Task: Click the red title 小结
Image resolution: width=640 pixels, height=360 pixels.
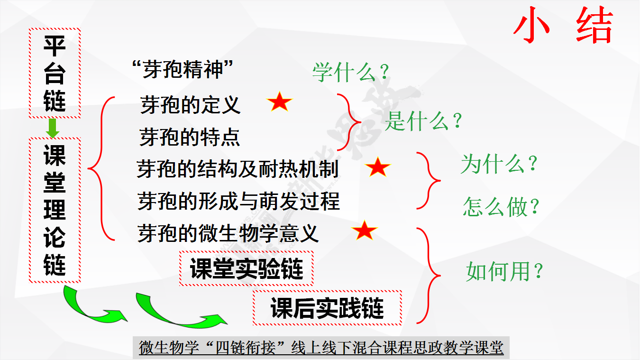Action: [563, 25]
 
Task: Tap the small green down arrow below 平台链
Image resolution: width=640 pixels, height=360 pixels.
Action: [53, 128]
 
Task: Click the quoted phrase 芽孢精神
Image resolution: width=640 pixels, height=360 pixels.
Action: [183, 69]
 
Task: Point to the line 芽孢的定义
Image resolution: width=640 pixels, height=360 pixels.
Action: [190, 105]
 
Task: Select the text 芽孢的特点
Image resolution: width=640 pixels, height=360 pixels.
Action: [190, 137]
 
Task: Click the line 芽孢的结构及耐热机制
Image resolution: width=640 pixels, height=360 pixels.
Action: [238, 169]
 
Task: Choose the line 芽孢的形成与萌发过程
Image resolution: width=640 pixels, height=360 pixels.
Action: [238, 201]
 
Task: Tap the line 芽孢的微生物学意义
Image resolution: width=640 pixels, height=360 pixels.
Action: [228, 233]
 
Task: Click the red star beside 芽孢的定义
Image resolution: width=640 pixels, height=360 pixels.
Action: [279, 102]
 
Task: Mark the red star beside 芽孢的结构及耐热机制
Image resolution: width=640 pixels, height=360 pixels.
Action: [378, 167]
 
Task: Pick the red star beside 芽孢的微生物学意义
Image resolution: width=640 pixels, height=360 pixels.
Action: [364, 231]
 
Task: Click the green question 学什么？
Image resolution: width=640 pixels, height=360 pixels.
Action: [351, 72]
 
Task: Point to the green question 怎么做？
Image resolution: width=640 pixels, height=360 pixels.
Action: [501, 206]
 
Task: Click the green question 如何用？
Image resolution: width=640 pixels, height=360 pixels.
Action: [504, 271]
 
